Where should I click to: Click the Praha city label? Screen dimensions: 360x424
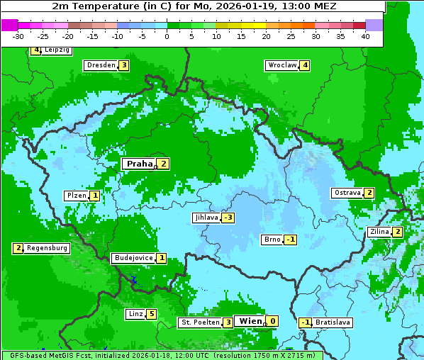139,164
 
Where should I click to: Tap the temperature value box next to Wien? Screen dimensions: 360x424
272,321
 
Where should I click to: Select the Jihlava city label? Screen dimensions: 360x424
206,218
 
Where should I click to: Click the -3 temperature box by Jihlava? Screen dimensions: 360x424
228,218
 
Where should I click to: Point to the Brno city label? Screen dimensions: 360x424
272,239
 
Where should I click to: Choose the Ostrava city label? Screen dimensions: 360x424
347,193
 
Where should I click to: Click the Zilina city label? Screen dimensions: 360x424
379,232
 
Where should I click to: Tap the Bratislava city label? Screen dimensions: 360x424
333,322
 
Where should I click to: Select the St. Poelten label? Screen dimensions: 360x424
199,322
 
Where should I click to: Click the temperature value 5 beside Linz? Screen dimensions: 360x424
151,314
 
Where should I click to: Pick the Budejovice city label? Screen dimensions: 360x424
133,258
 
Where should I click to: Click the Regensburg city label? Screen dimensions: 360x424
47,248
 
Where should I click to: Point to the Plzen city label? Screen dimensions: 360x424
76,195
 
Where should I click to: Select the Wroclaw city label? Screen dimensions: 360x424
281,65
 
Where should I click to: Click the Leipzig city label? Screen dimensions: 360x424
57,50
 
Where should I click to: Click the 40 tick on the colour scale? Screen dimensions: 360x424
365,36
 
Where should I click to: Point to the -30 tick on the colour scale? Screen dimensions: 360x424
18,36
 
